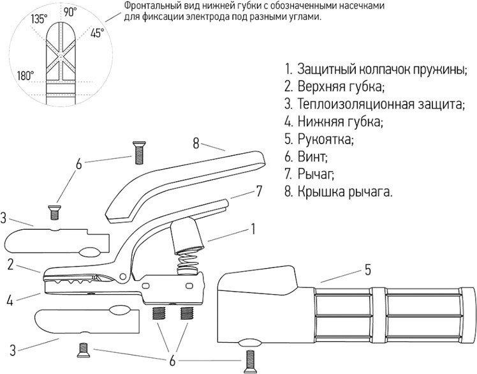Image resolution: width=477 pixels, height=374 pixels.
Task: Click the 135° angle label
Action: tap(39, 19)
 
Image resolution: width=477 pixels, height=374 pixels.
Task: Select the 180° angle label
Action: tap(26, 75)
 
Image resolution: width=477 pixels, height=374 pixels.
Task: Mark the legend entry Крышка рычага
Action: tap(339, 190)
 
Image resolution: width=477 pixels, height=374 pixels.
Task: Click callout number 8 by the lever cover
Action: tap(196, 142)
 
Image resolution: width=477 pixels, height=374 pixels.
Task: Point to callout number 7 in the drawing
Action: tap(259, 190)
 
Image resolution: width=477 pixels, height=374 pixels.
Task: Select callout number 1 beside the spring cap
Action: tap(253, 227)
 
